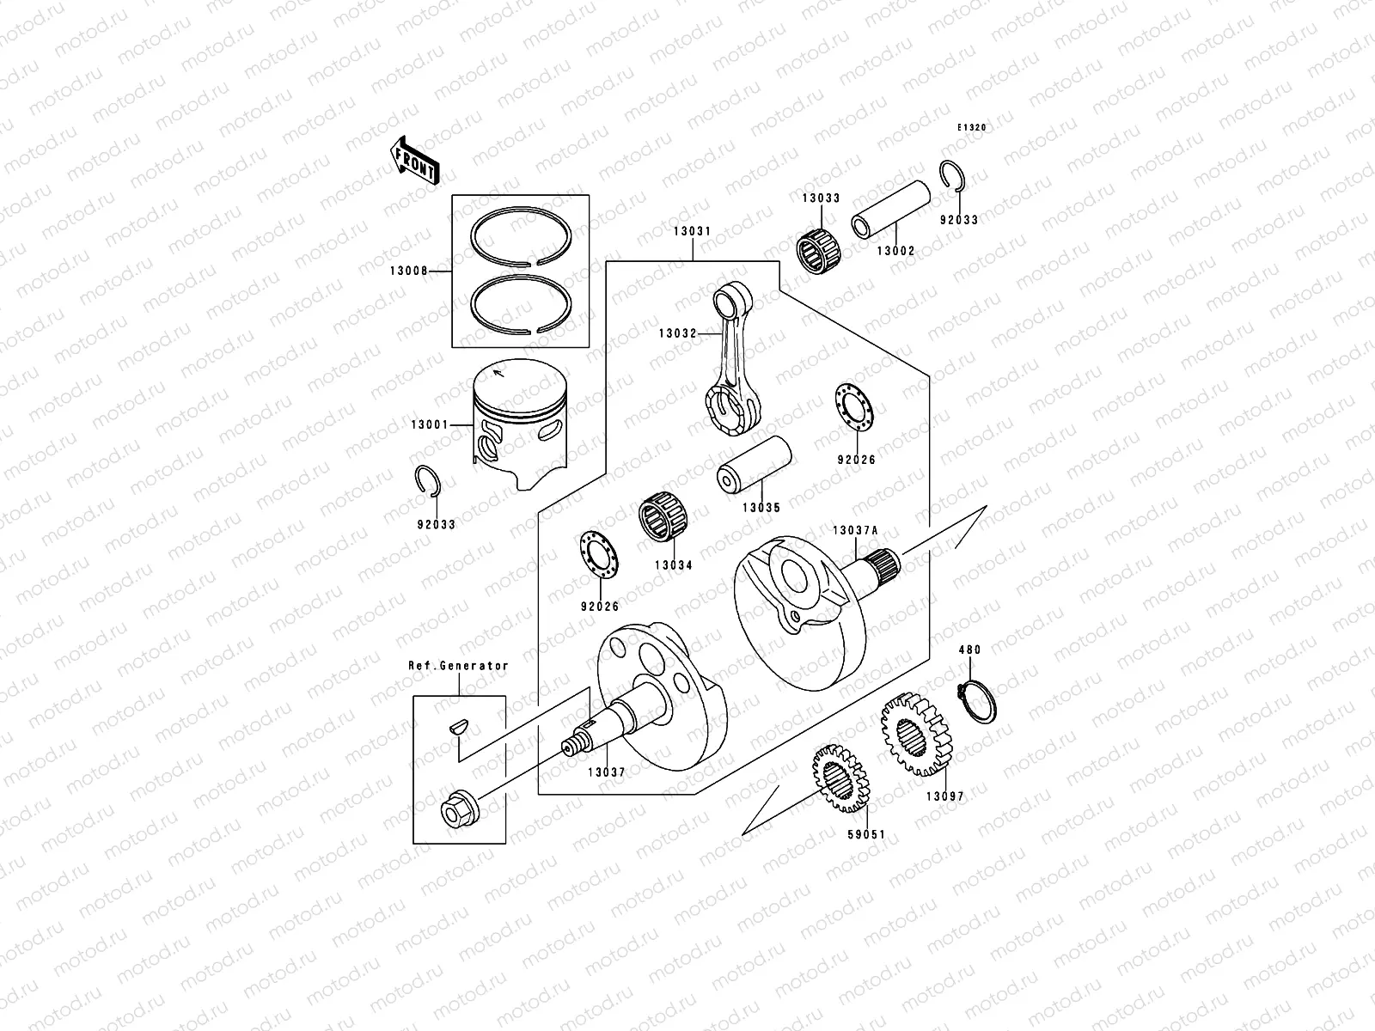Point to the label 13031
(692, 232)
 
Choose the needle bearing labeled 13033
(820, 241)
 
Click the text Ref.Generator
(458, 666)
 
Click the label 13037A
(854, 530)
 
